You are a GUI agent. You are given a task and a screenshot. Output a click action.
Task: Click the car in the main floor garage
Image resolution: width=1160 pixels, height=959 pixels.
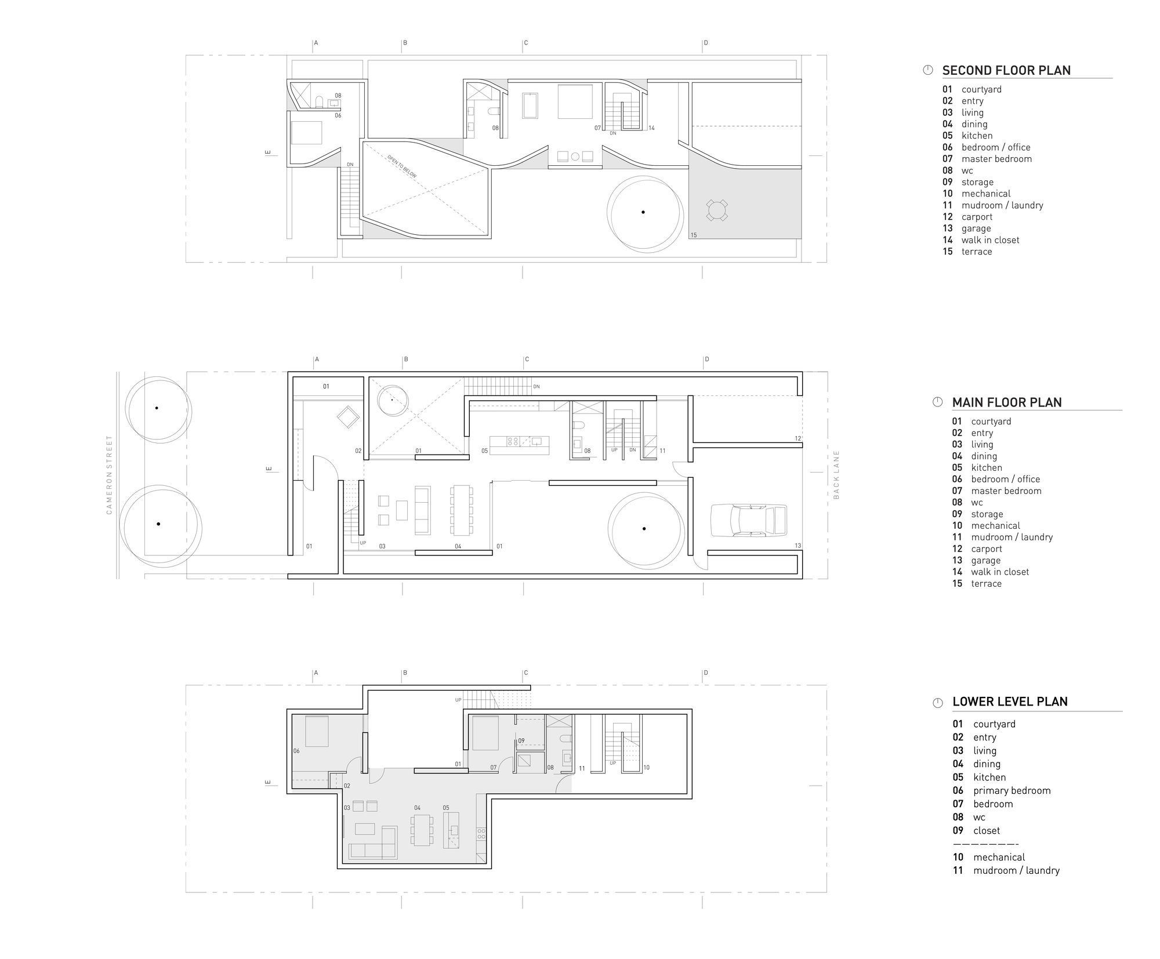point(749,520)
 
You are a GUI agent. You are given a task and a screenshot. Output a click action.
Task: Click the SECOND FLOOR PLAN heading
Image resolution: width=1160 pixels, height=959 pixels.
point(1006,71)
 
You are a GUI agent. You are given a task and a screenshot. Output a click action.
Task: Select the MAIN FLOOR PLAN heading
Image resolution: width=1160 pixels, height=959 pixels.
point(1006,402)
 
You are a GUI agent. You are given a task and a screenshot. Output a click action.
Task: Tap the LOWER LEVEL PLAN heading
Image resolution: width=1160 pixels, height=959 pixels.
point(1010,702)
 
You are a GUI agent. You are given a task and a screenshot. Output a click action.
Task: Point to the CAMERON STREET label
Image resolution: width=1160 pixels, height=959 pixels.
point(108,475)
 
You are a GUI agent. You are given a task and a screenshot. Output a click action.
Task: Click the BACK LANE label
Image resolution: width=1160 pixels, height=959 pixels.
point(836,474)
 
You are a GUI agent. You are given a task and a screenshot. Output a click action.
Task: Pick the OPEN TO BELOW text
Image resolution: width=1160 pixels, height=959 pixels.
point(401,166)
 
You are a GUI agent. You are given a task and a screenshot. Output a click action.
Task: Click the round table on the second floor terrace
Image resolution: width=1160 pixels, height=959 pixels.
point(717,210)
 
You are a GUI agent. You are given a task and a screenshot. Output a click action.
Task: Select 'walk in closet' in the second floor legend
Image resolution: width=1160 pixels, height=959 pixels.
point(990,240)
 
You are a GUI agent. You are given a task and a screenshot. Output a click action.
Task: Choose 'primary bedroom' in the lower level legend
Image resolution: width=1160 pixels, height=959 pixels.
point(1012,791)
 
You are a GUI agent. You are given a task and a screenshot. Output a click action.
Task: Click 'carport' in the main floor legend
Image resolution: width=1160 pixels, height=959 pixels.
point(987,549)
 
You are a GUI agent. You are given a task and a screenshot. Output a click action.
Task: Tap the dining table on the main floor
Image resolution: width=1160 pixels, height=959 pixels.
point(462,510)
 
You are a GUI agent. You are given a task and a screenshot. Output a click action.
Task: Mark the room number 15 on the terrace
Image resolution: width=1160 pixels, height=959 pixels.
point(694,235)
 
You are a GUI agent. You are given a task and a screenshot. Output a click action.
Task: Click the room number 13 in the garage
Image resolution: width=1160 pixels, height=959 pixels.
point(797,546)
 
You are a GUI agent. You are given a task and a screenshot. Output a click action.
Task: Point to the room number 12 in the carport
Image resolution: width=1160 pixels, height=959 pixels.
point(797,438)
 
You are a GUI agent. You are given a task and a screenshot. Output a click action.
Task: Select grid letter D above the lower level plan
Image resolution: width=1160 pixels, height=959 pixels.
point(706,673)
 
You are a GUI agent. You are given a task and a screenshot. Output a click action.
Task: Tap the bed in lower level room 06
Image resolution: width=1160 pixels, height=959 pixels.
point(317,732)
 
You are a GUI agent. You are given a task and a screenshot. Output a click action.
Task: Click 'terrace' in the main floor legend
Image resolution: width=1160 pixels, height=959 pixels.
point(986,584)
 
